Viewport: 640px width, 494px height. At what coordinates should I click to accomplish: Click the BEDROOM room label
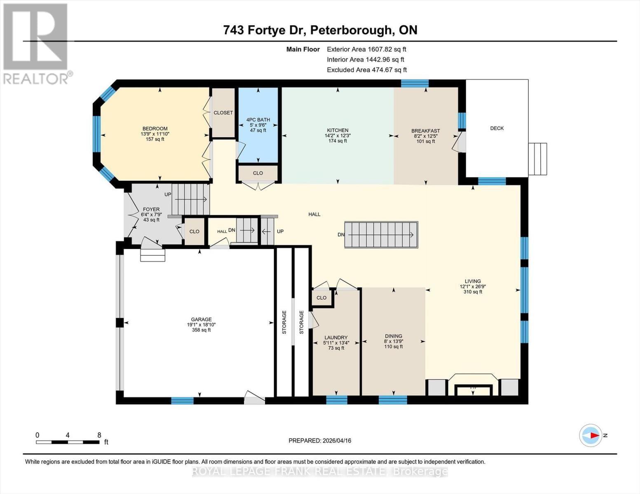(155, 128)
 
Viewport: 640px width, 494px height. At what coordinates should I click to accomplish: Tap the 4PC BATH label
(258, 120)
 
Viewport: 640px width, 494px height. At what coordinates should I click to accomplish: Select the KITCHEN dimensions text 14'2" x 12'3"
(338, 135)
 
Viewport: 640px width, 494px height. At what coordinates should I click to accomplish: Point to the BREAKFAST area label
(426, 131)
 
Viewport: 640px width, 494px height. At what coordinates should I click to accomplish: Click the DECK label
(497, 128)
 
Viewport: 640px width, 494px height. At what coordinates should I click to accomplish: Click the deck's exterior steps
(537, 159)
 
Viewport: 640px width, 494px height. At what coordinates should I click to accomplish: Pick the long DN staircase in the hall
(381, 235)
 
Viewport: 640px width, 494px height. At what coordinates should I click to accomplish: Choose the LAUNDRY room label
(336, 338)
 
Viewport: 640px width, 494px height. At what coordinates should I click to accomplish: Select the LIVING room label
(473, 282)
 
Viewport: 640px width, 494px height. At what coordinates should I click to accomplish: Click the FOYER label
(151, 209)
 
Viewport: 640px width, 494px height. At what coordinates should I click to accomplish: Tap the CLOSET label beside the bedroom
(223, 113)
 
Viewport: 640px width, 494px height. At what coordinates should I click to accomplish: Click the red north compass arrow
(593, 435)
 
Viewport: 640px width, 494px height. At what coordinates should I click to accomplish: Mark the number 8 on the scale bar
(99, 435)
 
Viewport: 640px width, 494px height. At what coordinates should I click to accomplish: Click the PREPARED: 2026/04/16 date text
(320, 440)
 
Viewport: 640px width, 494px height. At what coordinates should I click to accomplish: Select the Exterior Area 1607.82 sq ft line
(366, 49)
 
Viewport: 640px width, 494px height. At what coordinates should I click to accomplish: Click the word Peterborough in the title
(351, 30)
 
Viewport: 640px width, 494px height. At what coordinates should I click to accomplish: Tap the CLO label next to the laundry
(321, 298)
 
